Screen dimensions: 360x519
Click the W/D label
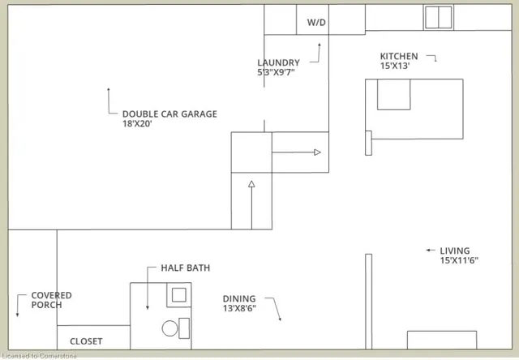(x=316, y=23)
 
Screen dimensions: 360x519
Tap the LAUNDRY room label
(x=278, y=63)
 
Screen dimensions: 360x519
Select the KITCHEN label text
(x=399, y=57)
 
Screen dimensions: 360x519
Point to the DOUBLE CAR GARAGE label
(x=169, y=114)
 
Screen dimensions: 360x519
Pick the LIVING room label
(x=454, y=251)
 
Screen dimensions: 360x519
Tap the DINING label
(x=239, y=298)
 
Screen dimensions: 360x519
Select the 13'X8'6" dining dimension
(x=240, y=309)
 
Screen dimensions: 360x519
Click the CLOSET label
(x=86, y=341)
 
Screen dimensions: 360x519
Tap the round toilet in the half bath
(x=169, y=328)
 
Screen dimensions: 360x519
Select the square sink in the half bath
(x=178, y=294)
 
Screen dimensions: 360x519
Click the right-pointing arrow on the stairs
(x=317, y=152)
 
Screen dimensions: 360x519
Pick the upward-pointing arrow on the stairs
(x=251, y=185)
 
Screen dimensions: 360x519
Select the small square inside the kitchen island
(x=394, y=95)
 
